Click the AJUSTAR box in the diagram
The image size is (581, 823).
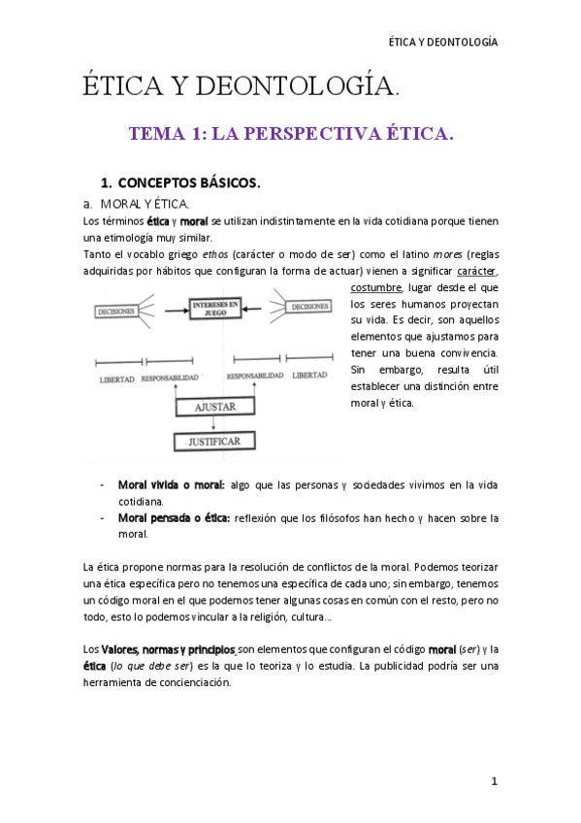click(x=213, y=408)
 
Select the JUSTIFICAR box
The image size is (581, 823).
click(x=213, y=443)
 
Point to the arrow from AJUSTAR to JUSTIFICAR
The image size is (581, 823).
click(x=213, y=425)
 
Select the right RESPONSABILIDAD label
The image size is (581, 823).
click(x=254, y=375)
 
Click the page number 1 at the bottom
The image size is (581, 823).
click(x=494, y=781)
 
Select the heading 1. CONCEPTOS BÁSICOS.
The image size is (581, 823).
click(x=180, y=181)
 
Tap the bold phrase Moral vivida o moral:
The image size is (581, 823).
click(x=171, y=484)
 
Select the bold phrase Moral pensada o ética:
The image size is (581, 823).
click(x=175, y=518)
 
